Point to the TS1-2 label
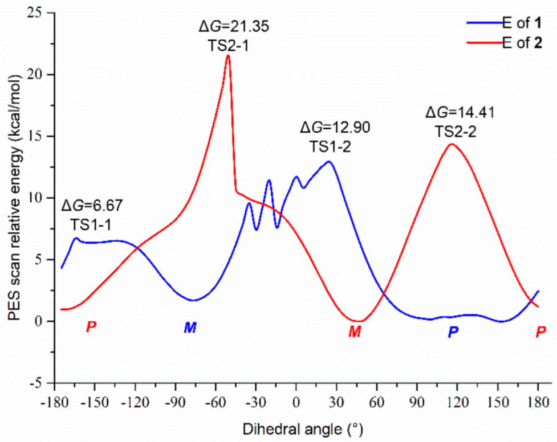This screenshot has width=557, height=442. pyautogui.click(x=330, y=146)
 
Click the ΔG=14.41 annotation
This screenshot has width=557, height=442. pyautogui.click(x=460, y=112)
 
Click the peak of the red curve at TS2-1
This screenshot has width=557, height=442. pyautogui.click(x=228, y=55)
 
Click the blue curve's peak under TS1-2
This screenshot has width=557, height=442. pyautogui.click(x=329, y=161)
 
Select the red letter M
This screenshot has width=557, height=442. pyautogui.click(x=355, y=331)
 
